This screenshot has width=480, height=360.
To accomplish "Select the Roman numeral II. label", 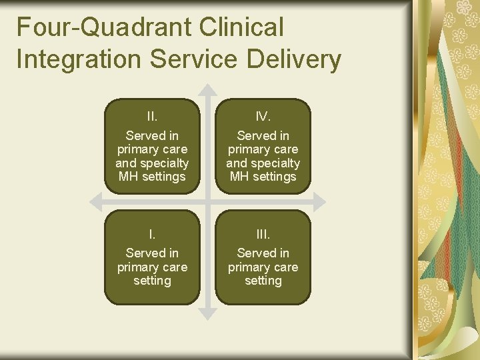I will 152,117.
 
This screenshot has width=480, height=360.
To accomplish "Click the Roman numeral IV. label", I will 263,117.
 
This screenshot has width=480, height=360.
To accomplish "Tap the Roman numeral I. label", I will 152,234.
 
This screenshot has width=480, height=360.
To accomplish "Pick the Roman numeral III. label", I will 263,234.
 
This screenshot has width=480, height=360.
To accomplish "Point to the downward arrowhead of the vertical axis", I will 208,311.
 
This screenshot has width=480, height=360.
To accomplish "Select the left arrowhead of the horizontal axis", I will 94,201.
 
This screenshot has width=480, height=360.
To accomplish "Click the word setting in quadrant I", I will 152,281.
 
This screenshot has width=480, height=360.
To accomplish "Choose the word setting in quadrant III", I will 263,281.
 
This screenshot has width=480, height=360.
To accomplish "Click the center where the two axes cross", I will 208,201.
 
